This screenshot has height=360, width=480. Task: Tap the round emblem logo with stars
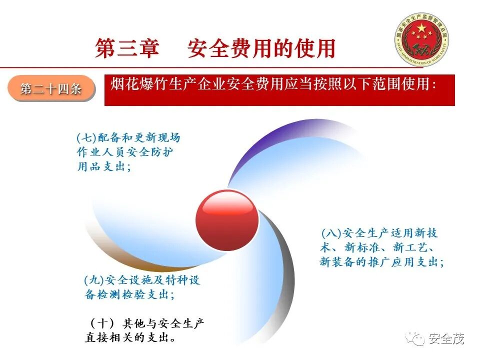[421, 39]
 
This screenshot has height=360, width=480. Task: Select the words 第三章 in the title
[127, 48]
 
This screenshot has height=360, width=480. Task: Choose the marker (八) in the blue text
[330, 233]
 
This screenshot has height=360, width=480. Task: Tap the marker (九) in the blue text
[93, 279]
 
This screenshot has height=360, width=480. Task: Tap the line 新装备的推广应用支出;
[381, 261]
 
